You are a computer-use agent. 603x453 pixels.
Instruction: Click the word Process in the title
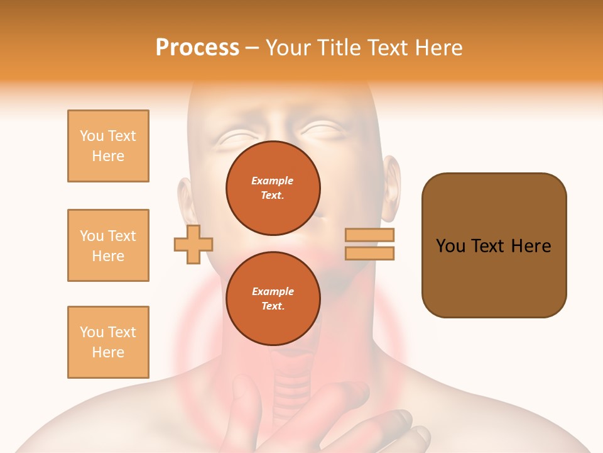[197, 48]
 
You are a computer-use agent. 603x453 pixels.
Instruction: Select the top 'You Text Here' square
[108, 146]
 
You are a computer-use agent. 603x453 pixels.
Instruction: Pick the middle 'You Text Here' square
[108, 245]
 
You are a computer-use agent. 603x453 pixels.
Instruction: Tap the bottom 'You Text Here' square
[108, 342]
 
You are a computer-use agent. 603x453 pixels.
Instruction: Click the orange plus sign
[193, 244]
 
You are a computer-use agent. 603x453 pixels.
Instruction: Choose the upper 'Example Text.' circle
[273, 188]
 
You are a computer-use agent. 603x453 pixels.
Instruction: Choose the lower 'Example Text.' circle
[273, 299]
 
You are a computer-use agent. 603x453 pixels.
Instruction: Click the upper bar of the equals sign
[369, 235]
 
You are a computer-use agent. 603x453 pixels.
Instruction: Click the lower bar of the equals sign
[369, 253]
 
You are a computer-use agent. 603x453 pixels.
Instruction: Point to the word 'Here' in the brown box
[531, 246]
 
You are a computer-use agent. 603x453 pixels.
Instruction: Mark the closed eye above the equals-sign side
[324, 131]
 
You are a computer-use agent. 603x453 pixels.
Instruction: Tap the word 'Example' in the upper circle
[273, 181]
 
